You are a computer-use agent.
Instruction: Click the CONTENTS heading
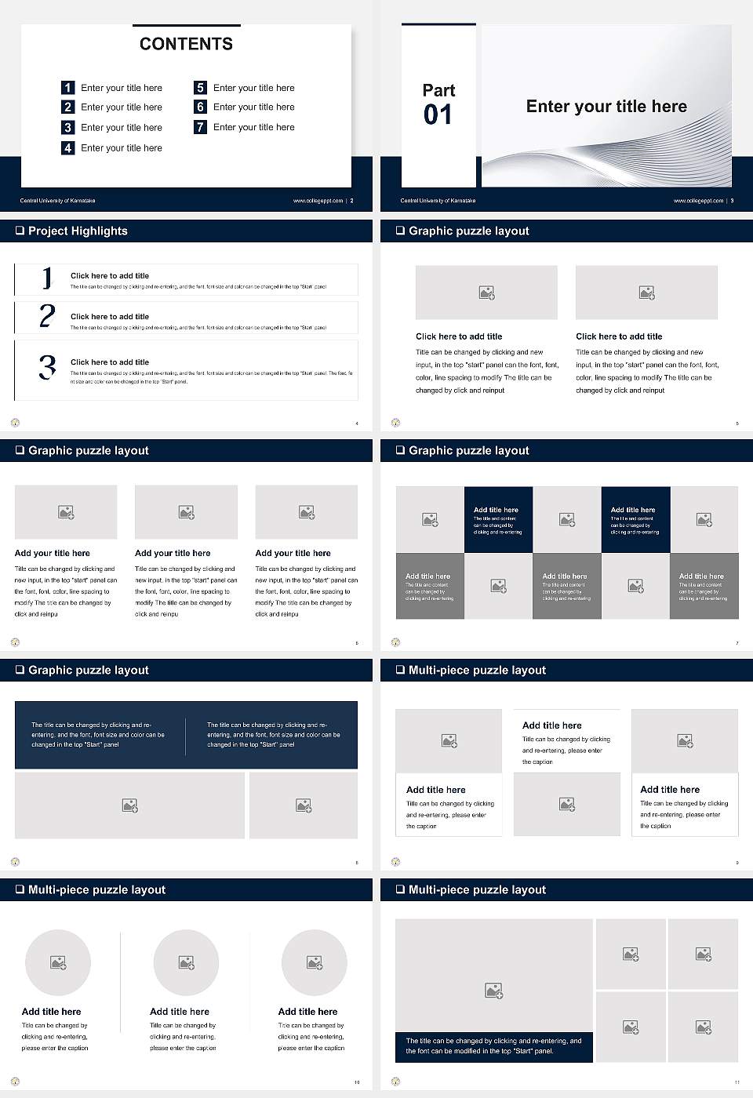[x=186, y=44]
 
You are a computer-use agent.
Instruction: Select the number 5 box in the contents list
[x=200, y=88]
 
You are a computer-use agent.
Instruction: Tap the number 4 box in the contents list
[x=68, y=147]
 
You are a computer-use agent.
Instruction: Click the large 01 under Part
[x=438, y=115]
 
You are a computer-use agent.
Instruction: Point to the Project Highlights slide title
[x=78, y=231]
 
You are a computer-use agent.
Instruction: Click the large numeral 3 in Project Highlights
[x=48, y=367]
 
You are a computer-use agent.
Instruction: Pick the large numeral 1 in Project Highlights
[x=47, y=278]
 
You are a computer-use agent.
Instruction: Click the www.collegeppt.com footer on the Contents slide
[x=318, y=201]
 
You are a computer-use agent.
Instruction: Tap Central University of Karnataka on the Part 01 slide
[x=438, y=201]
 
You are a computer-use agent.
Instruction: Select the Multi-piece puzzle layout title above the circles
[x=96, y=889]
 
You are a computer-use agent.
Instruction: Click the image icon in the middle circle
[x=186, y=962]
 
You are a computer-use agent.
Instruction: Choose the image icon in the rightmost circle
[x=315, y=962]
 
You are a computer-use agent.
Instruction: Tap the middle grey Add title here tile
[x=566, y=586]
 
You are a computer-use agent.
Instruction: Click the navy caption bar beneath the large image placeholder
[x=493, y=1046]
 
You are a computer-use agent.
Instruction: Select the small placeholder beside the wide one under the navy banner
[x=304, y=805]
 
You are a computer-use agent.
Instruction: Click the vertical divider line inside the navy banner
[x=186, y=735]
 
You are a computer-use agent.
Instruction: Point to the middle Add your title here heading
[x=173, y=553]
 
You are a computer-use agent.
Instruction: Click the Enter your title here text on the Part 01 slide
[x=606, y=107]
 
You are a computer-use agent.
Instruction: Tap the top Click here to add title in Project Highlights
[x=110, y=276]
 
